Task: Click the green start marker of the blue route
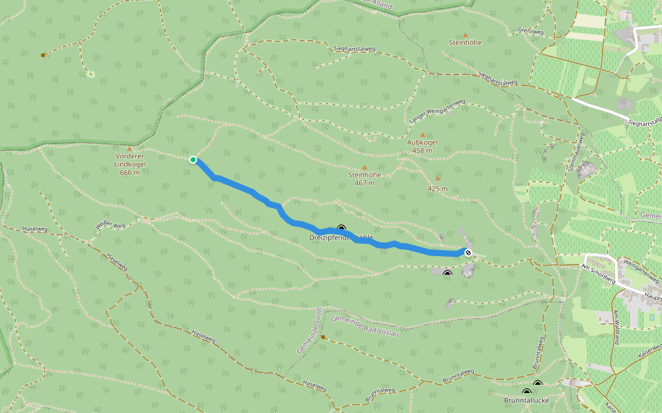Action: [193, 160]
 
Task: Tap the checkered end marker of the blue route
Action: [468, 253]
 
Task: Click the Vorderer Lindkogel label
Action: [129, 164]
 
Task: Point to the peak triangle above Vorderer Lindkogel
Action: [130, 148]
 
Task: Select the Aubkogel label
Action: [422, 146]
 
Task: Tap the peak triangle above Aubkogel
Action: [423, 135]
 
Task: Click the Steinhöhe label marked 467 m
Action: [365, 178]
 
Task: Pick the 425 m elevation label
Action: [437, 189]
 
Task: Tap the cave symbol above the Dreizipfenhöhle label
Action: [341, 229]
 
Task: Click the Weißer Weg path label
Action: [110, 226]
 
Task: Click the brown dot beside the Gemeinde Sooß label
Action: [323, 337]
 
